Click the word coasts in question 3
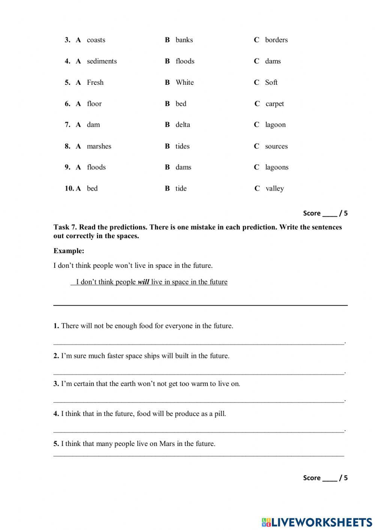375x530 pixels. (x=96, y=40)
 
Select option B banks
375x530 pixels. (x=184, y=40)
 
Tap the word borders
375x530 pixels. (x=276, y=40)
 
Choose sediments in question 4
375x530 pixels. (x=102, y=61)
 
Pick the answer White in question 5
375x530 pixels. (x=184, y=83)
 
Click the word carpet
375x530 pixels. (x=274, y=104)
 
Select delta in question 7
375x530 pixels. (x=183, y=125)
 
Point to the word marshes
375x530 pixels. (x=99, y=146)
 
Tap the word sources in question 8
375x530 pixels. (x=276, y=146)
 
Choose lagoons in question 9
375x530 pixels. (x=277, y=167)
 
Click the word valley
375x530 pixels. (x=274, y=189)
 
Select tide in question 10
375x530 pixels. (x=181, y=189)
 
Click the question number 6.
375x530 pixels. (x=67, y=104)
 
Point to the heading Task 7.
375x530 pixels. (x=65, y=227)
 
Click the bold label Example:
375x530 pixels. (x=69, y=251)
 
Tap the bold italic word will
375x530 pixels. (x=143, y=282)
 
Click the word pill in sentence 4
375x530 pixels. (x=220, y=414)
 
